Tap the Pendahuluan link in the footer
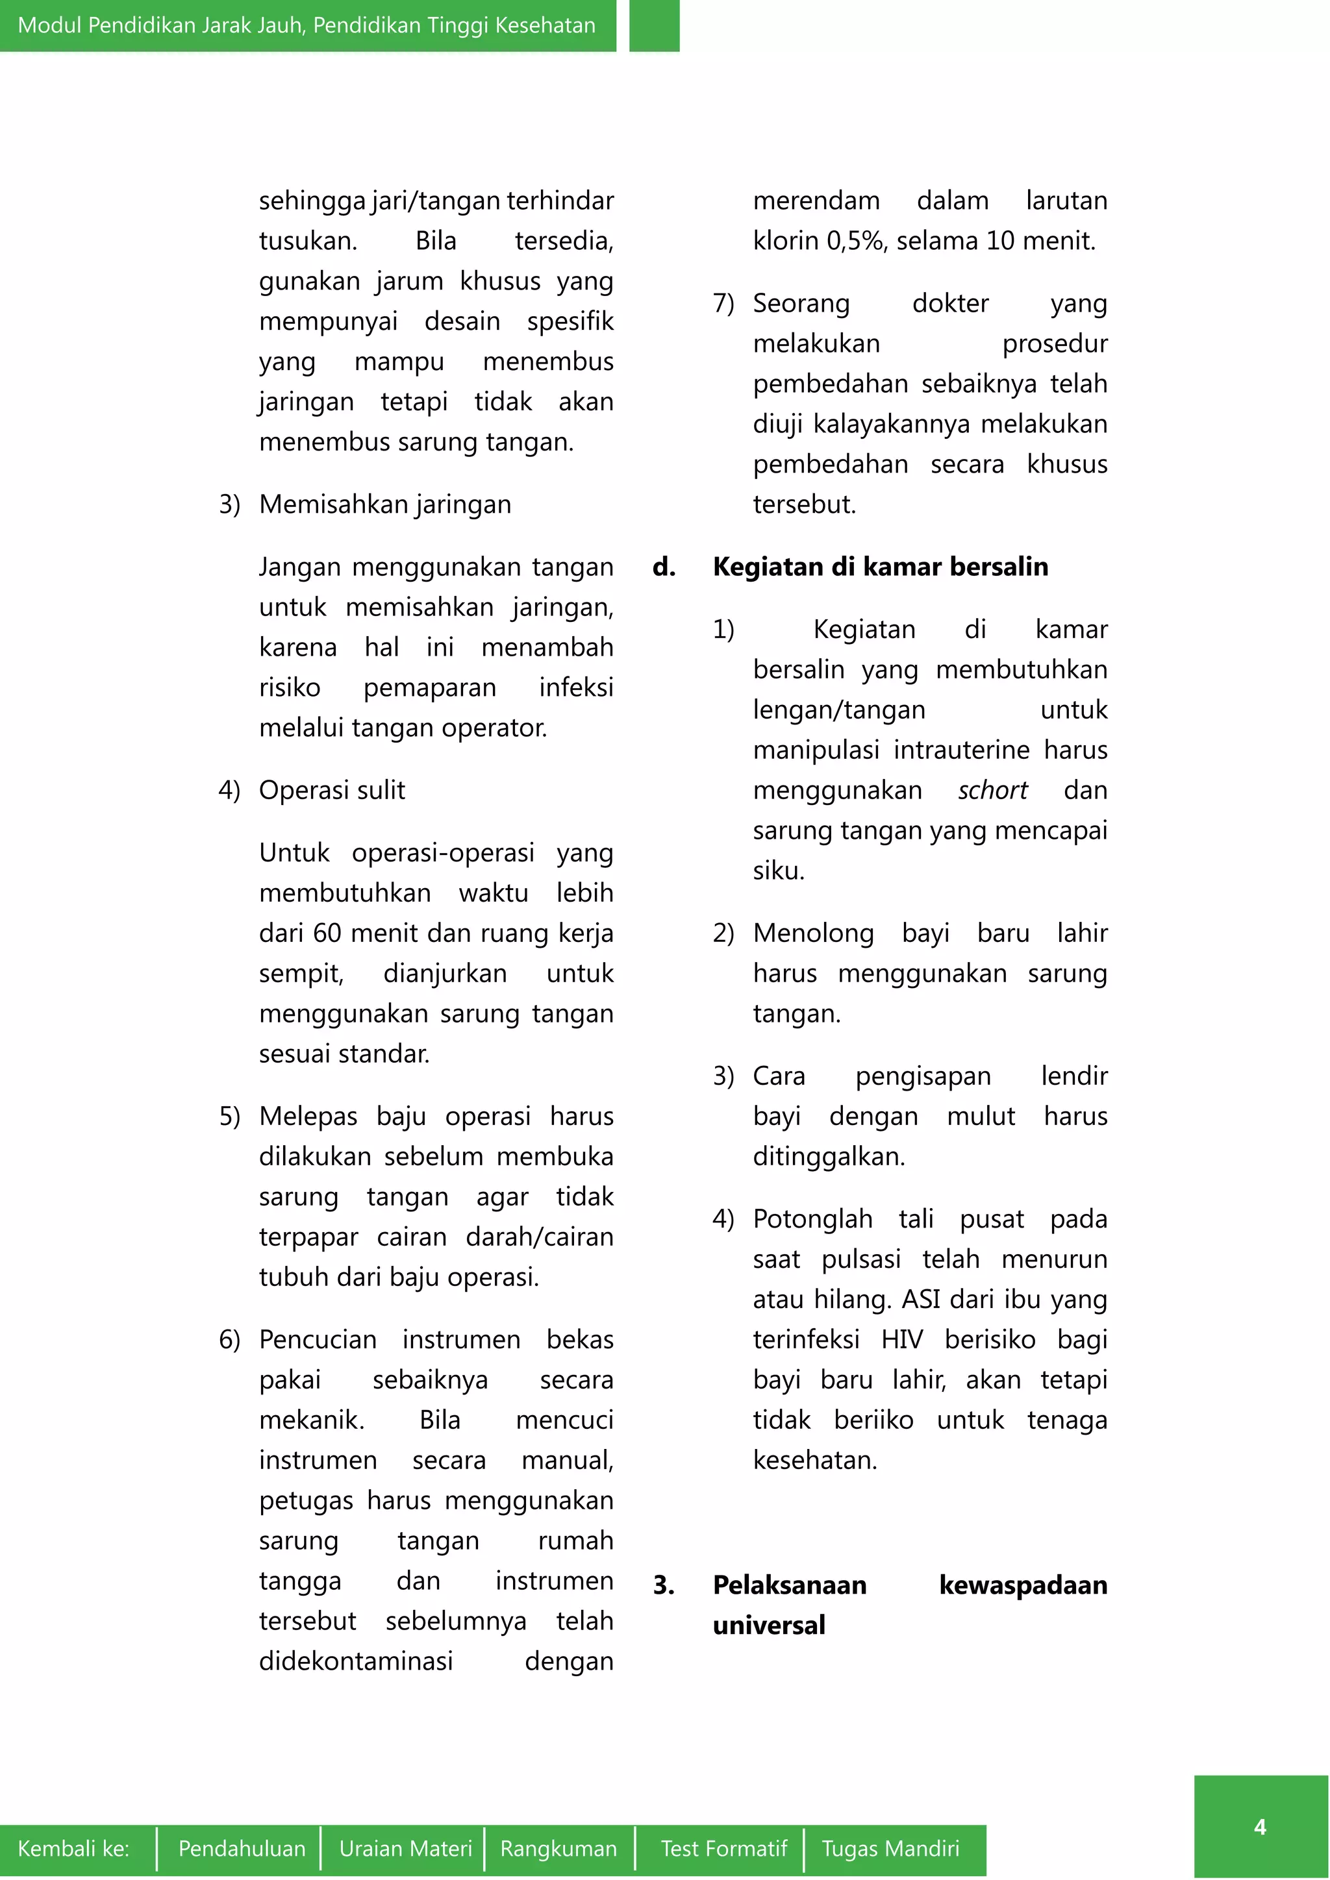pyautogui.click(x=242, y=1848)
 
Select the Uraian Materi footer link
pyautogui.click(x=405, y=1848)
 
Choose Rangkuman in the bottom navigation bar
pyautogui.click(x=558, y=1848)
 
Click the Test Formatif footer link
pyautogui.click(x=723, y=1848)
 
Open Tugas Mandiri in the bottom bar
pyautogui.click(x=890, y=1848)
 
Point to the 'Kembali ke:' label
pyautogui.click(x=73, y=1848)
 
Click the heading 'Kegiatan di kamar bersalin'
pyautogui.click(x=881, y=567)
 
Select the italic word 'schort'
pyautogui.click(x=992, y=790)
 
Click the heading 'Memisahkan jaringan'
pyautogui.click(x=385, y=504)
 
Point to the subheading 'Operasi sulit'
pyautogui.click(x=332, y=790)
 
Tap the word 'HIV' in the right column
pyautogui.click(x=901, y=1340)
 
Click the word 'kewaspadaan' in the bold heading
pyautogui.click(x=1023, y=1585)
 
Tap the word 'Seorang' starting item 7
pyautogui.click(x=801, y=303)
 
